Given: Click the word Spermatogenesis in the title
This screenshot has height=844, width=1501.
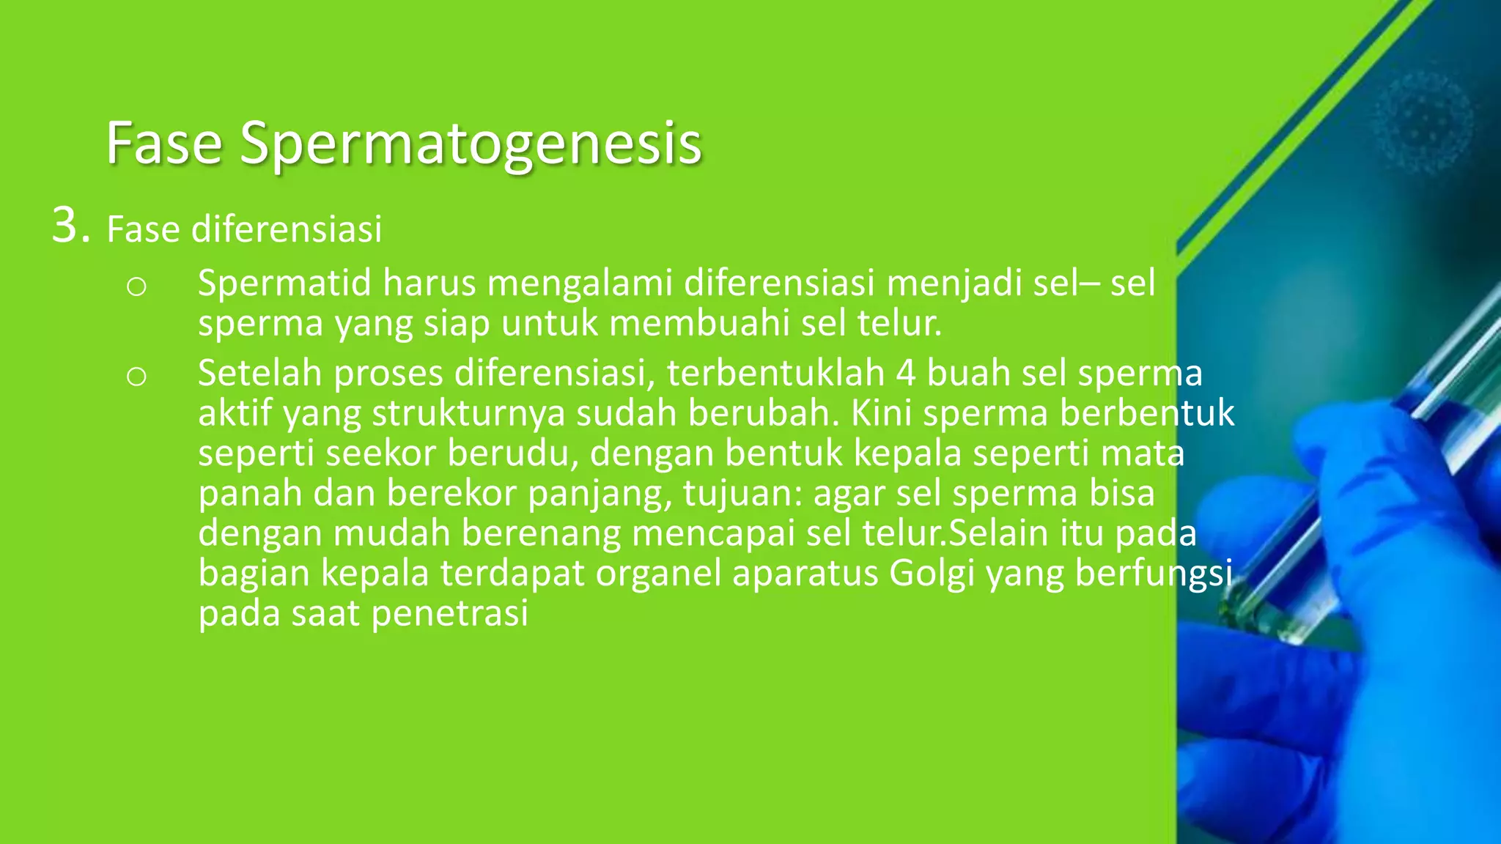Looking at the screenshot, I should [x=471, y=144].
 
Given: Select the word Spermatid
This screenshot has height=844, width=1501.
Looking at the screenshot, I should [x=284, y=283].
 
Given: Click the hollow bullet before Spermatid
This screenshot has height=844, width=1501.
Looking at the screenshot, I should [x=136, y=286].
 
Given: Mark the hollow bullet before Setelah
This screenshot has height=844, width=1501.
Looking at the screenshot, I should [x=136, y=377].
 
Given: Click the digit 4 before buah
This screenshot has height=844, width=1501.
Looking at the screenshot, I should [x=906, y=373].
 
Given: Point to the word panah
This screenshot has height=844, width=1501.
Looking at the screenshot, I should [x=250, y=493].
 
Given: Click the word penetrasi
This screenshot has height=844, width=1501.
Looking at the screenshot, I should [x=449, y=613].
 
